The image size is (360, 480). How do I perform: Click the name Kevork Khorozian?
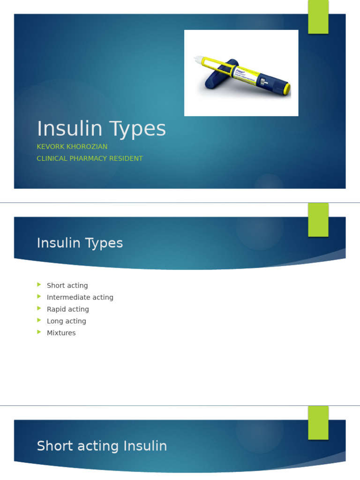pyautogui.click(x=72, y=147)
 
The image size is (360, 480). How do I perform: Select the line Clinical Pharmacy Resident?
pyautogui.click(x=90, y=158)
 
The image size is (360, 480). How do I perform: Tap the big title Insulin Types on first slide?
pyautogui.click(x=101, y=129)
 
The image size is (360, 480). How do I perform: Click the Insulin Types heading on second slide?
pyautogui.click(x=80, y=243)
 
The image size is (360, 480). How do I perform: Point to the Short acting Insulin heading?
pyautogui.click(x=102, y=446)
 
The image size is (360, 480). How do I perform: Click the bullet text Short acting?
pyautogui.click(x=67, y=285)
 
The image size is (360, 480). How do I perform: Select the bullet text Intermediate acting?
pyautogui.click(x=80, y=297)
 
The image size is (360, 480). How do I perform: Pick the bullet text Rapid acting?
pyautogui.click(x=67, y=309)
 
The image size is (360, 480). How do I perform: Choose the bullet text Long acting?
pyautogui.click(x=66, y=321)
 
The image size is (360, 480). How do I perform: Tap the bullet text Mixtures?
pyautogui.click(x=61, y=333)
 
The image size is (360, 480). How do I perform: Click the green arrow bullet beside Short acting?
pyautogui.click(x=39, y=285)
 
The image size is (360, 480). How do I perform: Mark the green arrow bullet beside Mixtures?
pyautogui.click(x=39, y=332)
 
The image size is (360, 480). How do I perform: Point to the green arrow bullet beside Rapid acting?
pyautogui.click(x=39, y=309)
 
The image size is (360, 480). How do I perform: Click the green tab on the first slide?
pyautogui.click(x=318, y=17)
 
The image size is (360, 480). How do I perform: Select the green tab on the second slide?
pyautogui.click(x=318, y=220)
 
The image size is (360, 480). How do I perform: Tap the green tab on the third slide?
pyautogui.click(x=318, y=422)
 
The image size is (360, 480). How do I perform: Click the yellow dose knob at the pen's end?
pyautogui.click(x=286, y=89)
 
